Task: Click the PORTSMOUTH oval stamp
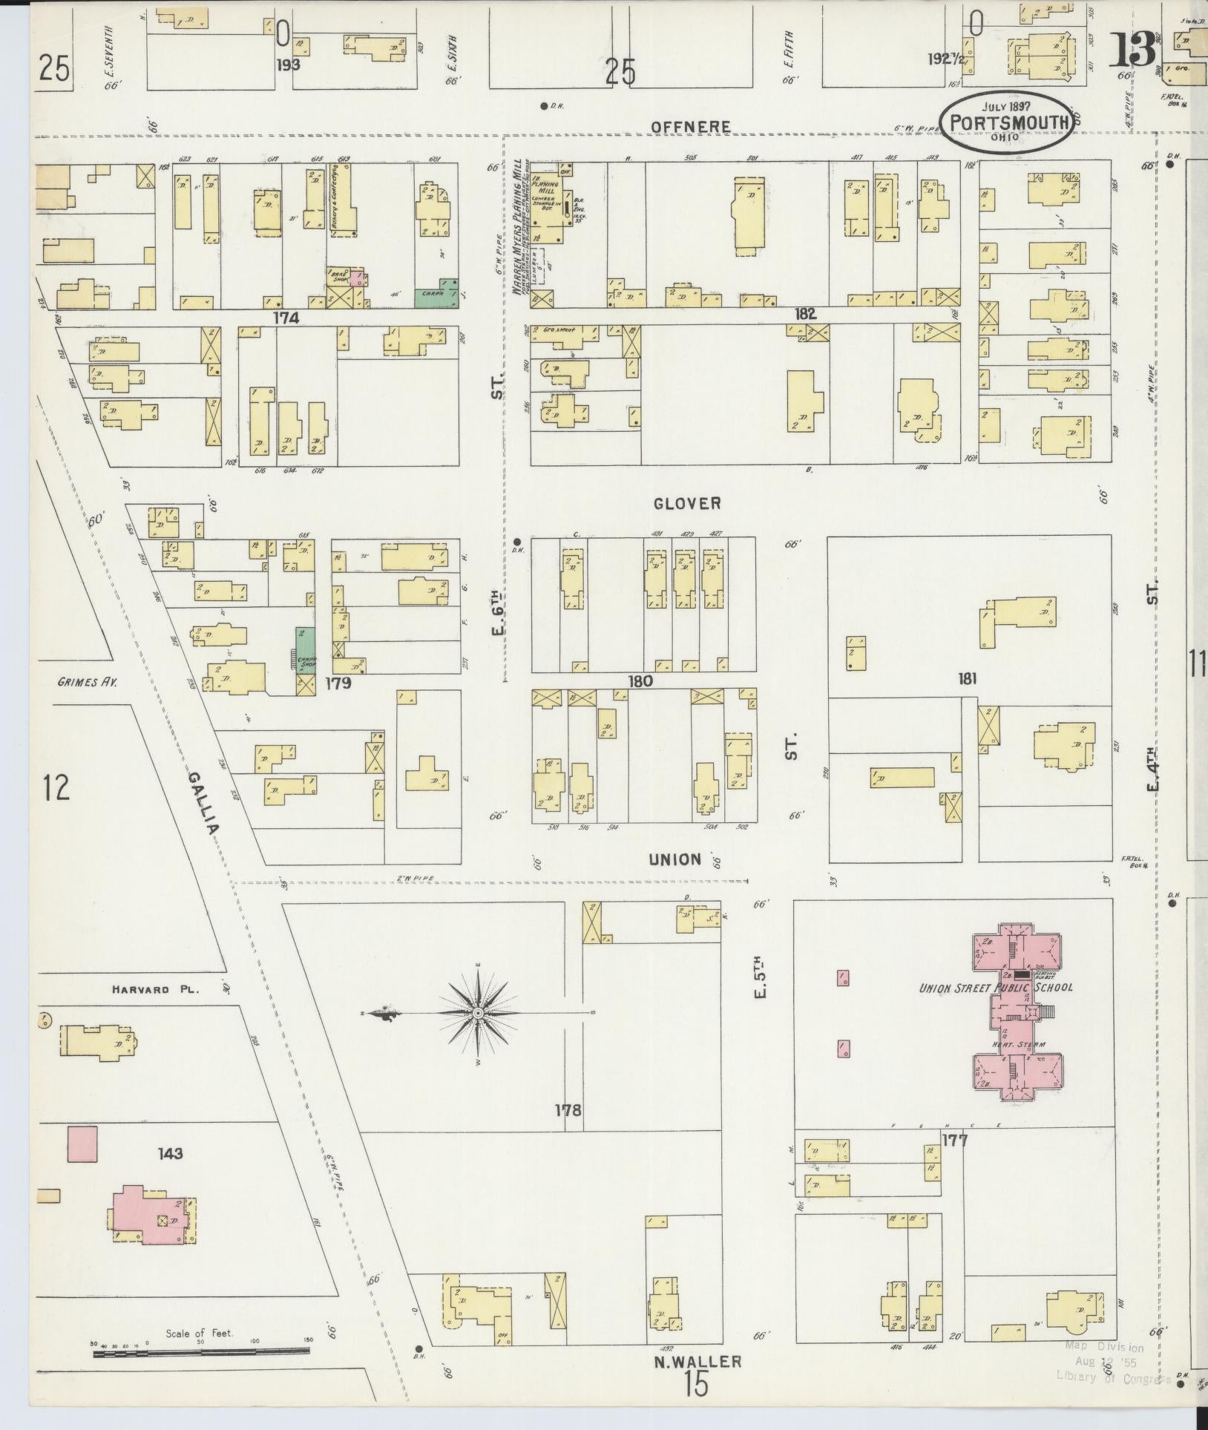(x=1007, y=122)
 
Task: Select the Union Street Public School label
(x=996, y=988)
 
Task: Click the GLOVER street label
(x=686, y=504)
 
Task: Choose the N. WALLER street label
(x=697, y=1361)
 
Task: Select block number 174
(x=286, y=318)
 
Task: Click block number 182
(x=805, y=314)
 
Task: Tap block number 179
(x=338, y=683)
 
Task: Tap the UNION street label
(x=674, y=859)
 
